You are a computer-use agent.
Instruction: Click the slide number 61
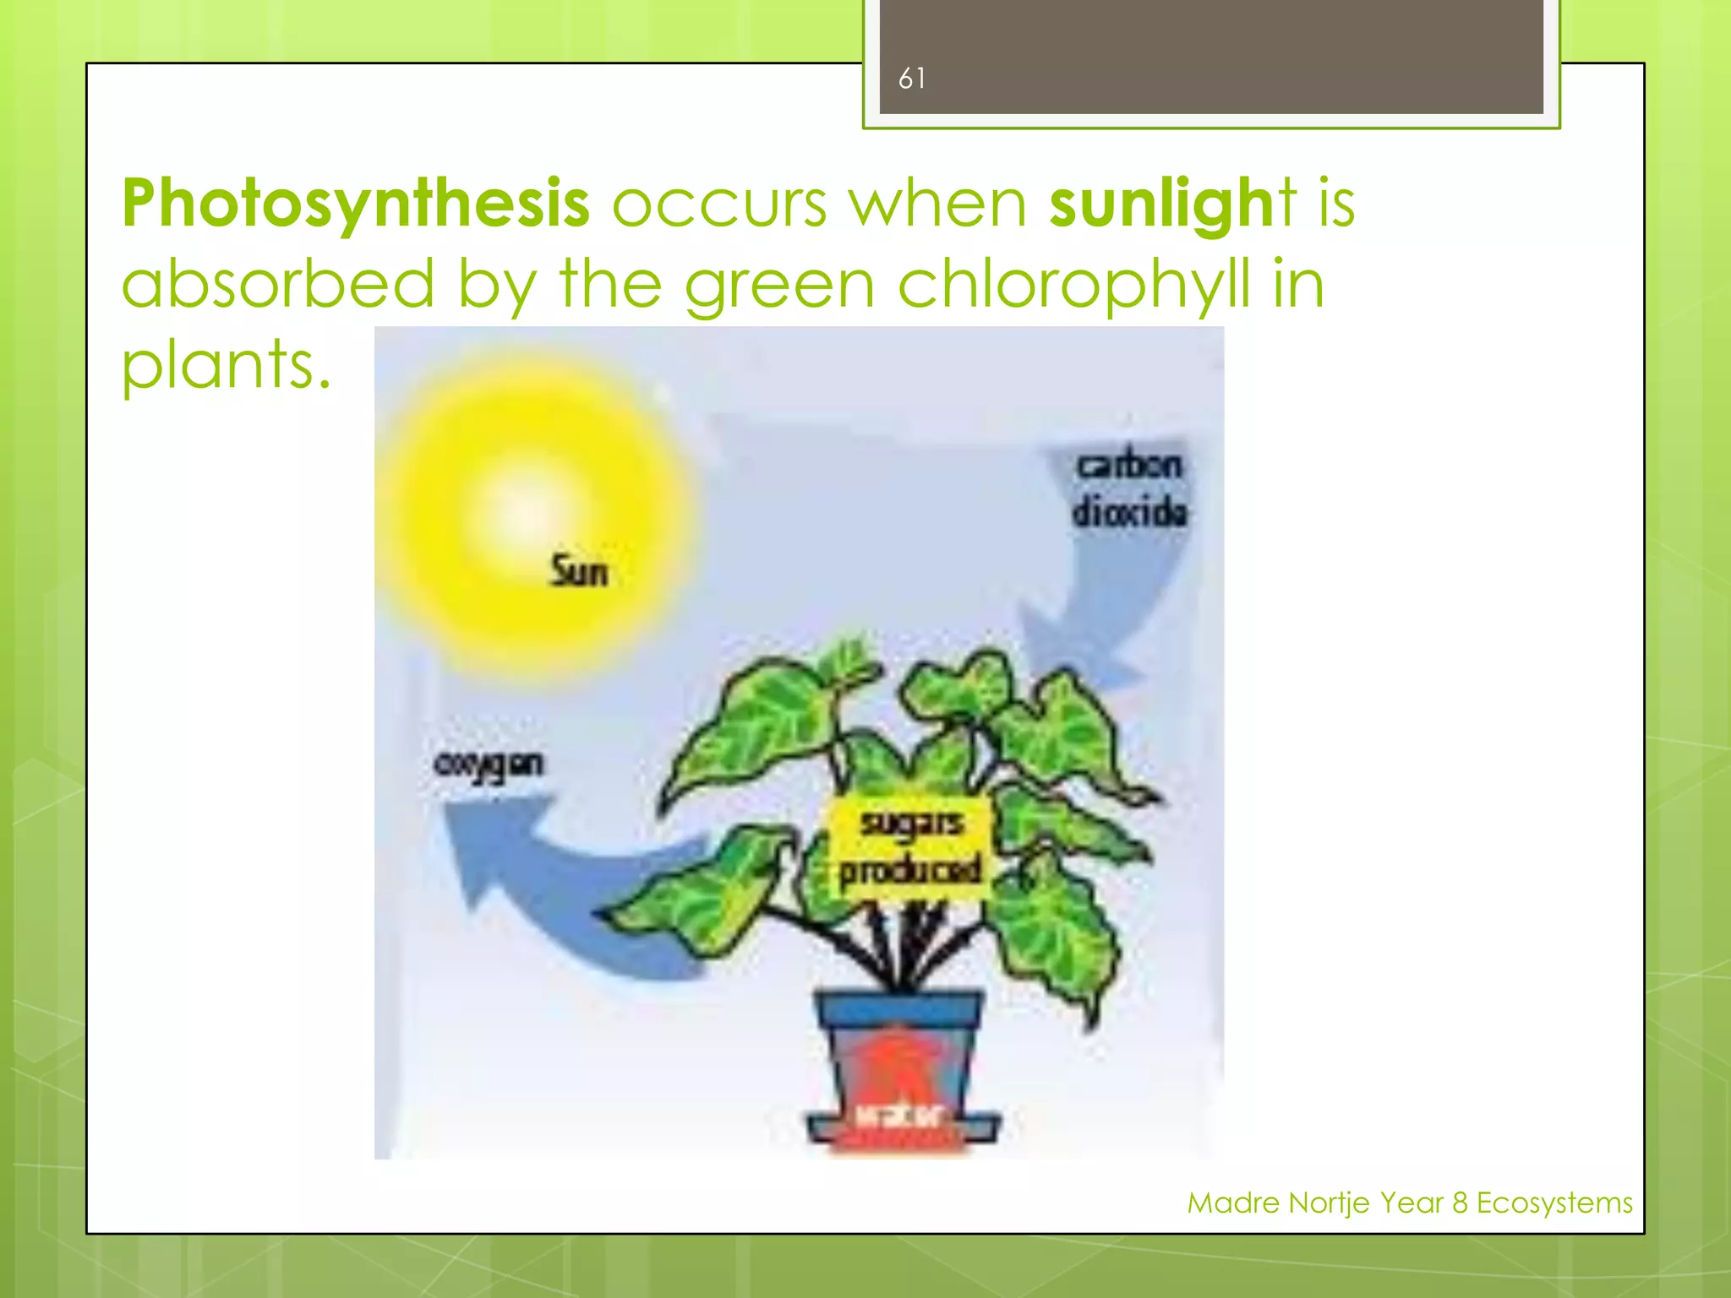(911, 79)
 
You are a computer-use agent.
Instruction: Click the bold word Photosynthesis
(355, 204)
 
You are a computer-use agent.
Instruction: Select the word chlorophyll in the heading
(1073, 286)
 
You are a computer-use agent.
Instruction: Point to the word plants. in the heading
(226, 365)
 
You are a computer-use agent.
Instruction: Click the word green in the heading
(779, 286)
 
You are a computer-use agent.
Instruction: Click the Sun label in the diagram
(579, 572)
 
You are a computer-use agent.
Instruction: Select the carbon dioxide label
(1129, 489)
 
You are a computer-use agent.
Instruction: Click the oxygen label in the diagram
(489, 765)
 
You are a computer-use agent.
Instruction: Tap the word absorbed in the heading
(278, 286)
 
